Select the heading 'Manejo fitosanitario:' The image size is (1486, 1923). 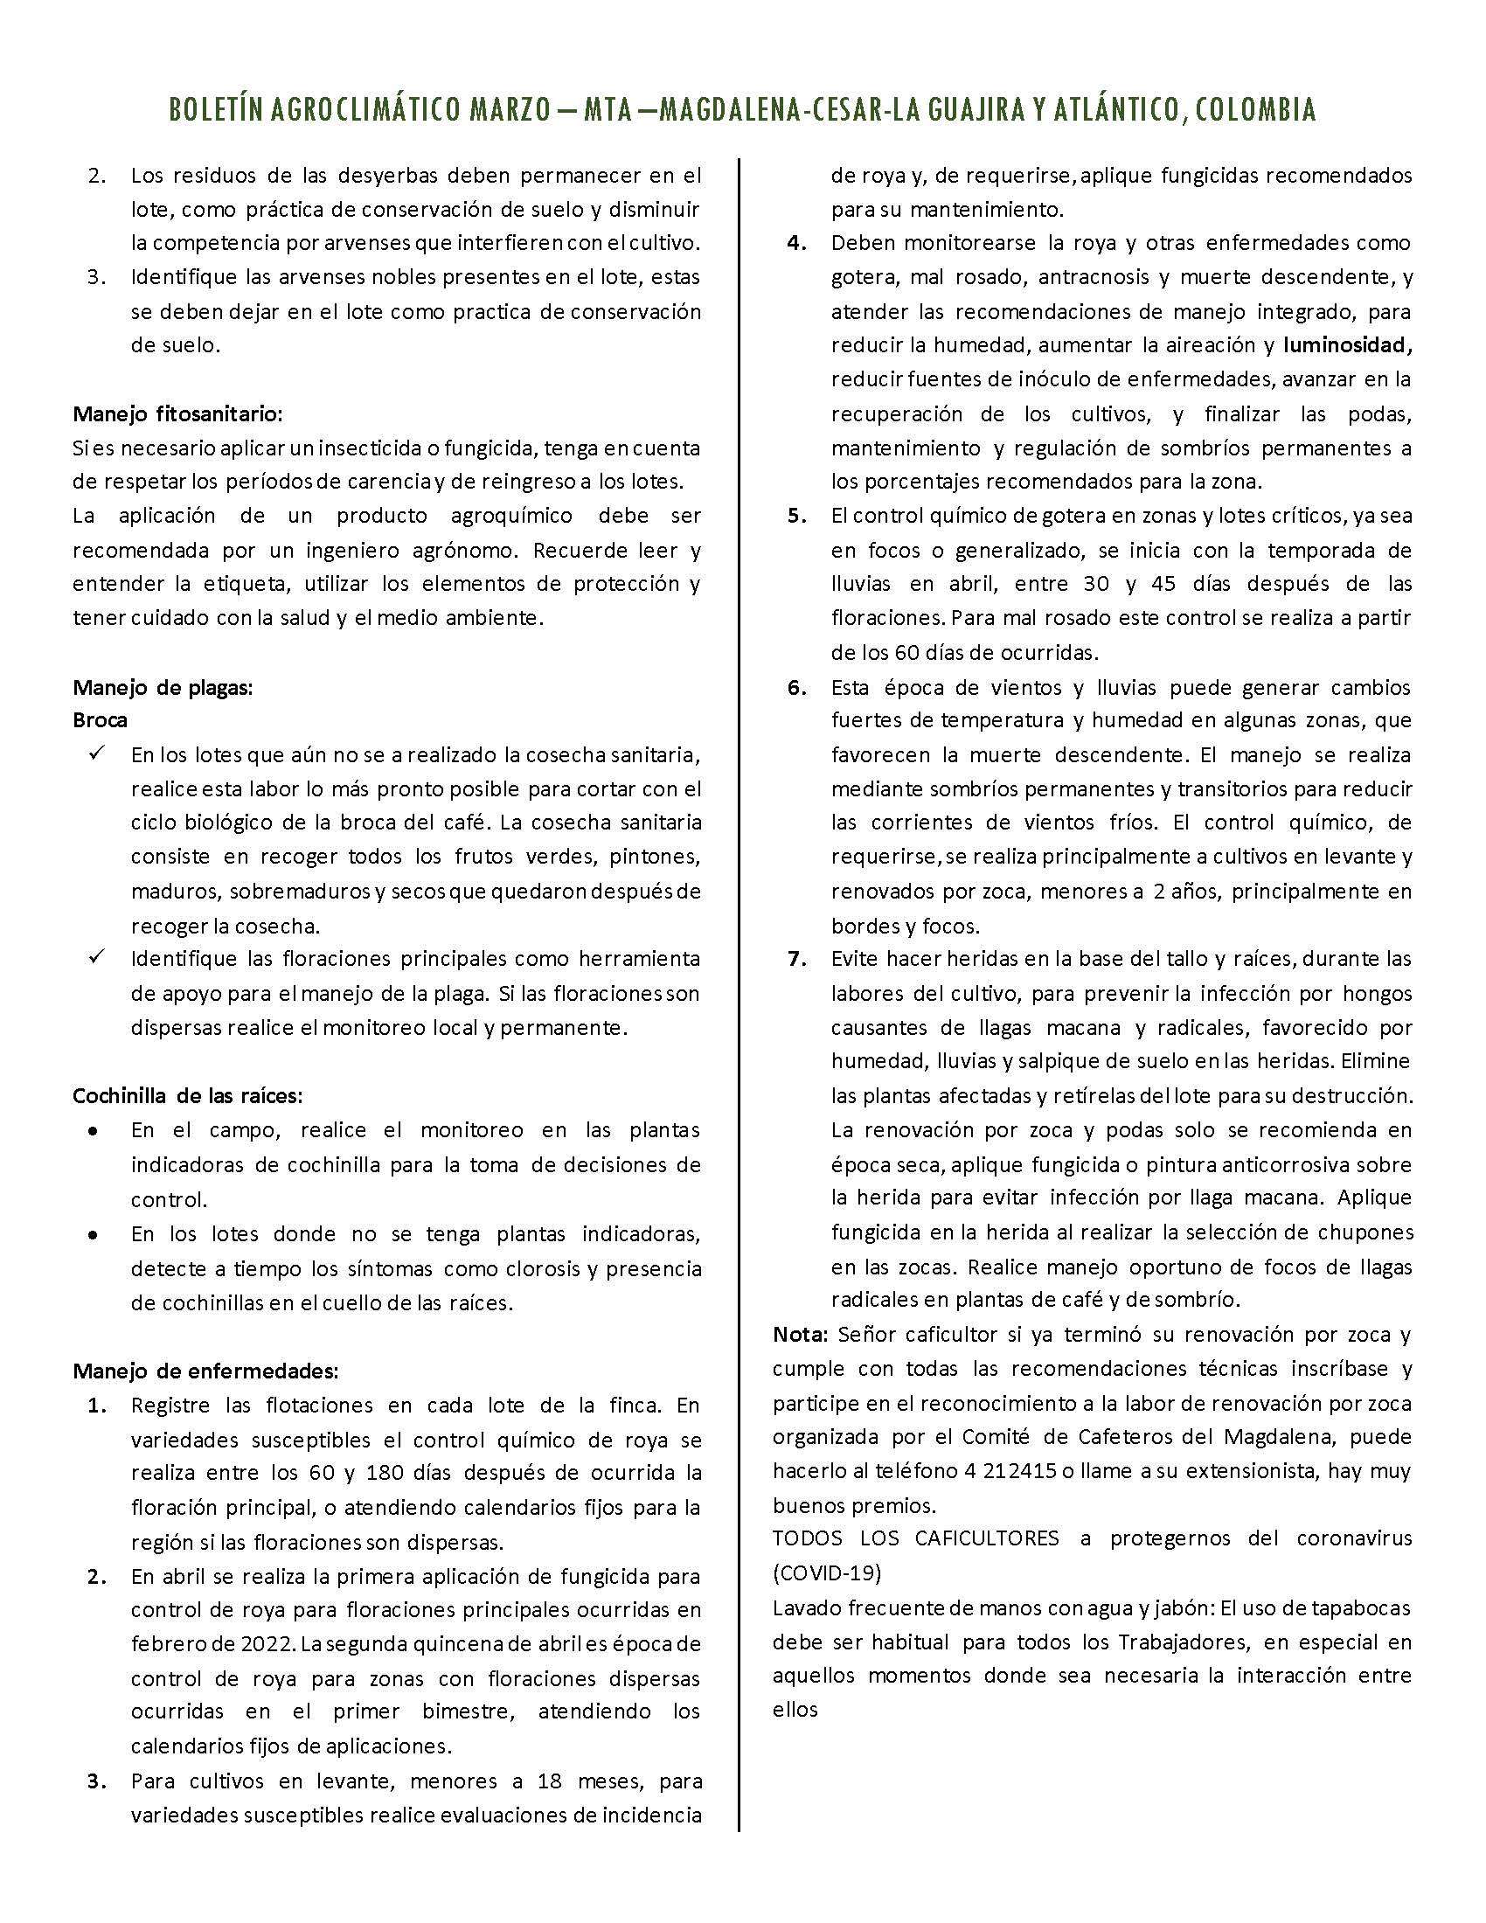click(177, 413)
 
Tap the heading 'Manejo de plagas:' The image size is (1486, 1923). click(163, 687)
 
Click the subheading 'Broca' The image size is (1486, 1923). click(100, 720)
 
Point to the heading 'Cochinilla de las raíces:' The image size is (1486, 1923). click(188, 1096)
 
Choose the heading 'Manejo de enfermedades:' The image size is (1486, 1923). click(205, 1371)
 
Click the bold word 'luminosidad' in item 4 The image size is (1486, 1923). click(1344, 345)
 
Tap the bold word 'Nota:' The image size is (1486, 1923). click(800, 1335)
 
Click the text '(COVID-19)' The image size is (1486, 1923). click(827, 1572)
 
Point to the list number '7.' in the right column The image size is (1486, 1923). click(797, 959)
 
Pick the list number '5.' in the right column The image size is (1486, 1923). click(797, 516)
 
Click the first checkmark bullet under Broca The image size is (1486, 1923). click(97, 753)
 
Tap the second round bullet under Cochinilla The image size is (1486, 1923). click(93, 1234)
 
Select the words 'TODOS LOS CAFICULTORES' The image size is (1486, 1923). click(916, 1538)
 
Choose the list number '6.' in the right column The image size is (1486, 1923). click(797, 687)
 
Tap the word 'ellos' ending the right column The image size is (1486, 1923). click(795, 1709)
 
